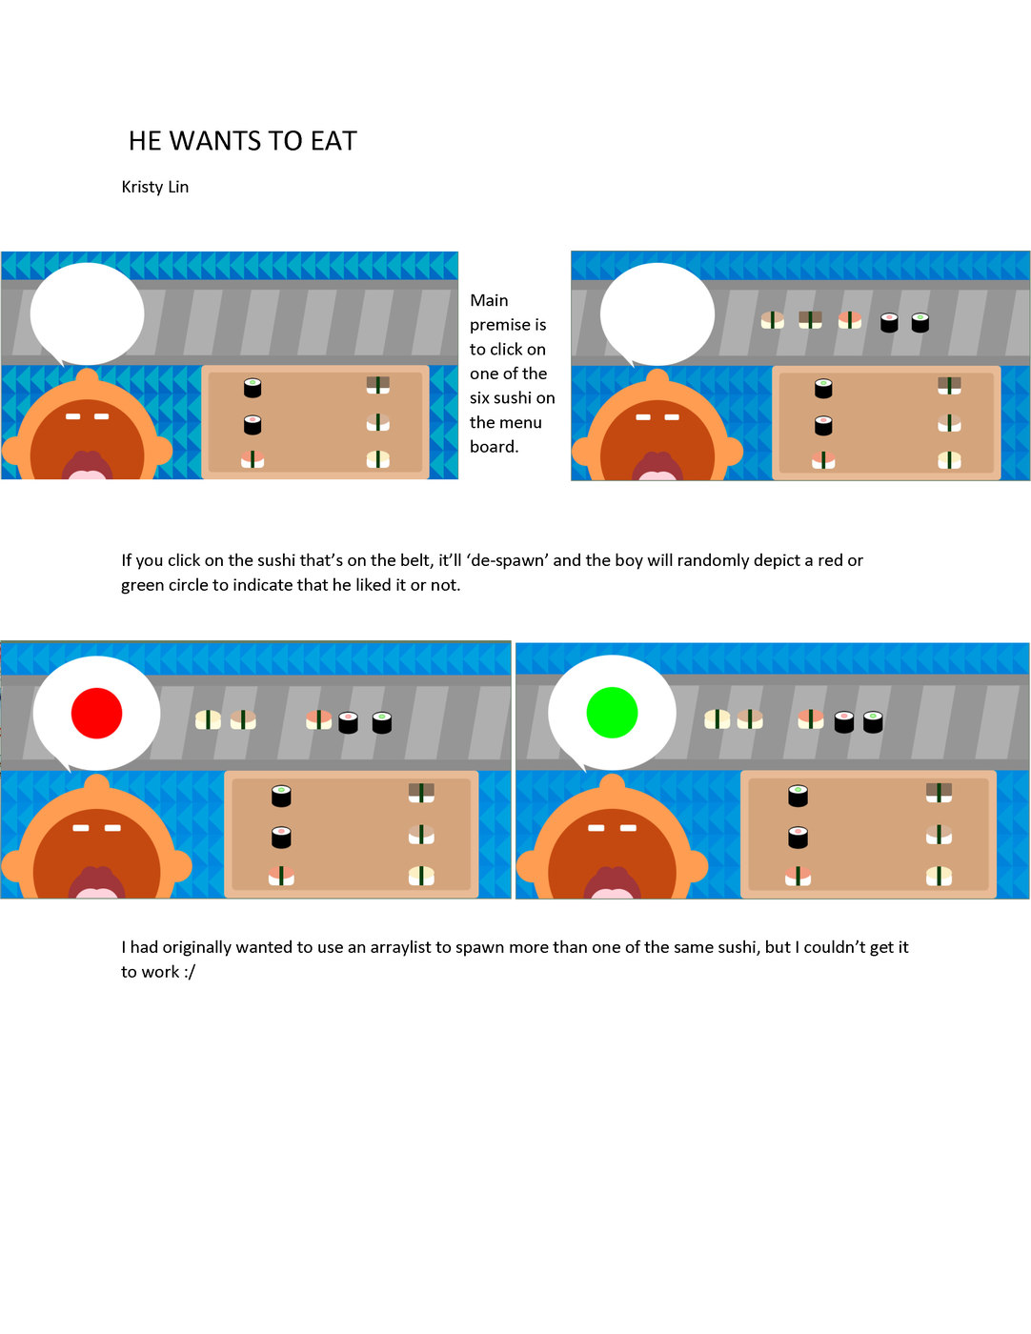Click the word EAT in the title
(x=334, y=141)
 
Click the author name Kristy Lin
(x=154, y=188)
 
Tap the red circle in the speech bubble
(x=96, y=713)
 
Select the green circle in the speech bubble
(x=612, y=712)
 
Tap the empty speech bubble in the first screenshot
(x=87, y=313)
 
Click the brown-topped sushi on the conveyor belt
(x=810, y=320)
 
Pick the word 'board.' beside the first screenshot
(x=494, y=447)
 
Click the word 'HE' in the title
(x=145, y=141)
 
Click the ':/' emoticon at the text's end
(x=189, y=973)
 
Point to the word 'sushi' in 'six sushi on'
(x=512, y=398)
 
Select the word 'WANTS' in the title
(x=215, y=141)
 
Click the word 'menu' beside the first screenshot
(x=523, y=423)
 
